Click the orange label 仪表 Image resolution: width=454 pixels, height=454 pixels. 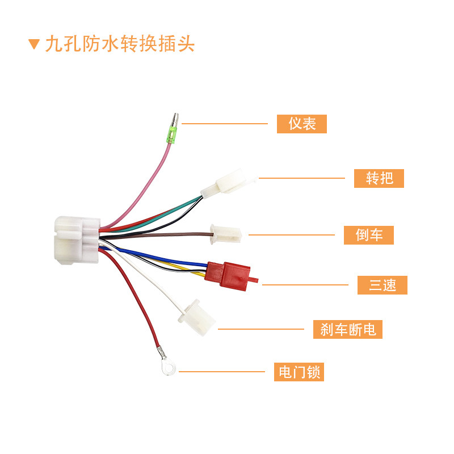click(301, 123)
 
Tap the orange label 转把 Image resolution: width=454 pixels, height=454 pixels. click(379, 178)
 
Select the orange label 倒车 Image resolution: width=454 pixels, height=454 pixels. click(368, 234)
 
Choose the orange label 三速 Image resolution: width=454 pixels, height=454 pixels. click(382, 284)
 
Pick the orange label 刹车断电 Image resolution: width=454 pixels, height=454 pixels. click(347, 329)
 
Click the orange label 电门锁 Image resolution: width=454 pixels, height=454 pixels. click(299, 372)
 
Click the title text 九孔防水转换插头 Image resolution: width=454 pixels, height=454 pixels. click(120, 44)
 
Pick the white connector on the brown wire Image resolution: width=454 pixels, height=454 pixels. click(225, 233)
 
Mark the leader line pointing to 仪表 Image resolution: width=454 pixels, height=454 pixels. click(224, 123)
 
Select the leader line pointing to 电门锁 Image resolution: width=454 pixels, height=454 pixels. click(221, 372)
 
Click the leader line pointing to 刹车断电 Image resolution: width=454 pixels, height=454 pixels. click(261, 329)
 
